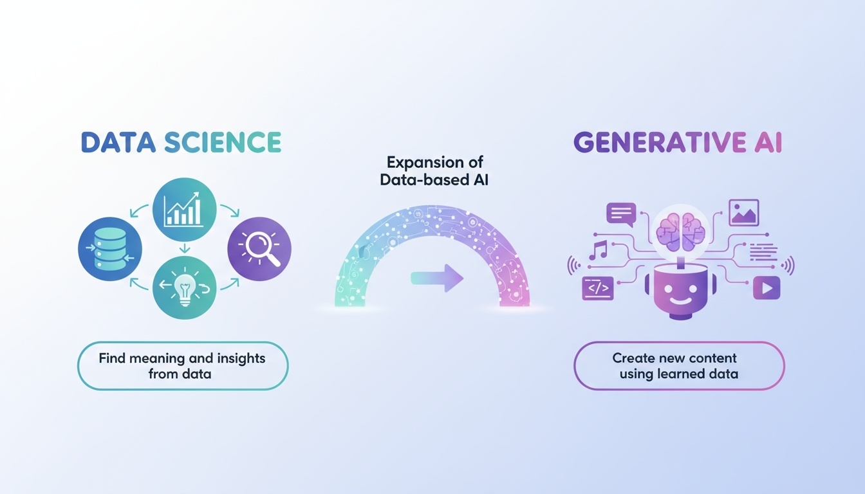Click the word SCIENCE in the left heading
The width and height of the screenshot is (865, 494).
pyautogui.click(x=223, y=142)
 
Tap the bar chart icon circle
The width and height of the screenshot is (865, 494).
pyautogui.click(x=185, y=210)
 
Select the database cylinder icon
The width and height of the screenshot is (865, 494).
pyautogui.click(x=110, y=249)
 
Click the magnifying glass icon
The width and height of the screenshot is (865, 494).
pyautogui.click(x=259, y=249)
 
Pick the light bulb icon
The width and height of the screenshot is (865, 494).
pyautogui.click(x=185, y=288)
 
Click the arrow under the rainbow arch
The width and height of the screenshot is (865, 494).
pyautogui.click(x=437, y=278)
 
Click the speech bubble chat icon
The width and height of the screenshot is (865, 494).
pyautogui.click(x=621, y=215)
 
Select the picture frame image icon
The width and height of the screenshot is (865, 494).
pyautogui.click(x=744, y=213)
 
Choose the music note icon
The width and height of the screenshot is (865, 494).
pyautogui.click(x=598, y=250)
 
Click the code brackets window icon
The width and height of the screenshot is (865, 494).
pyautogui.click(x=598, y=288)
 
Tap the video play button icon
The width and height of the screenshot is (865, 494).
pyautogui.click(x=767, y=288)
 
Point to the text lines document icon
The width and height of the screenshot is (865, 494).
pyautogui.click(x=763, y=252)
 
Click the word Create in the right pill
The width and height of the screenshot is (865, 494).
pyautogui.click(x=633, y=358)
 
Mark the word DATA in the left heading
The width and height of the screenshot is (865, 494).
pyautogui.click(x=118, y=142)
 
